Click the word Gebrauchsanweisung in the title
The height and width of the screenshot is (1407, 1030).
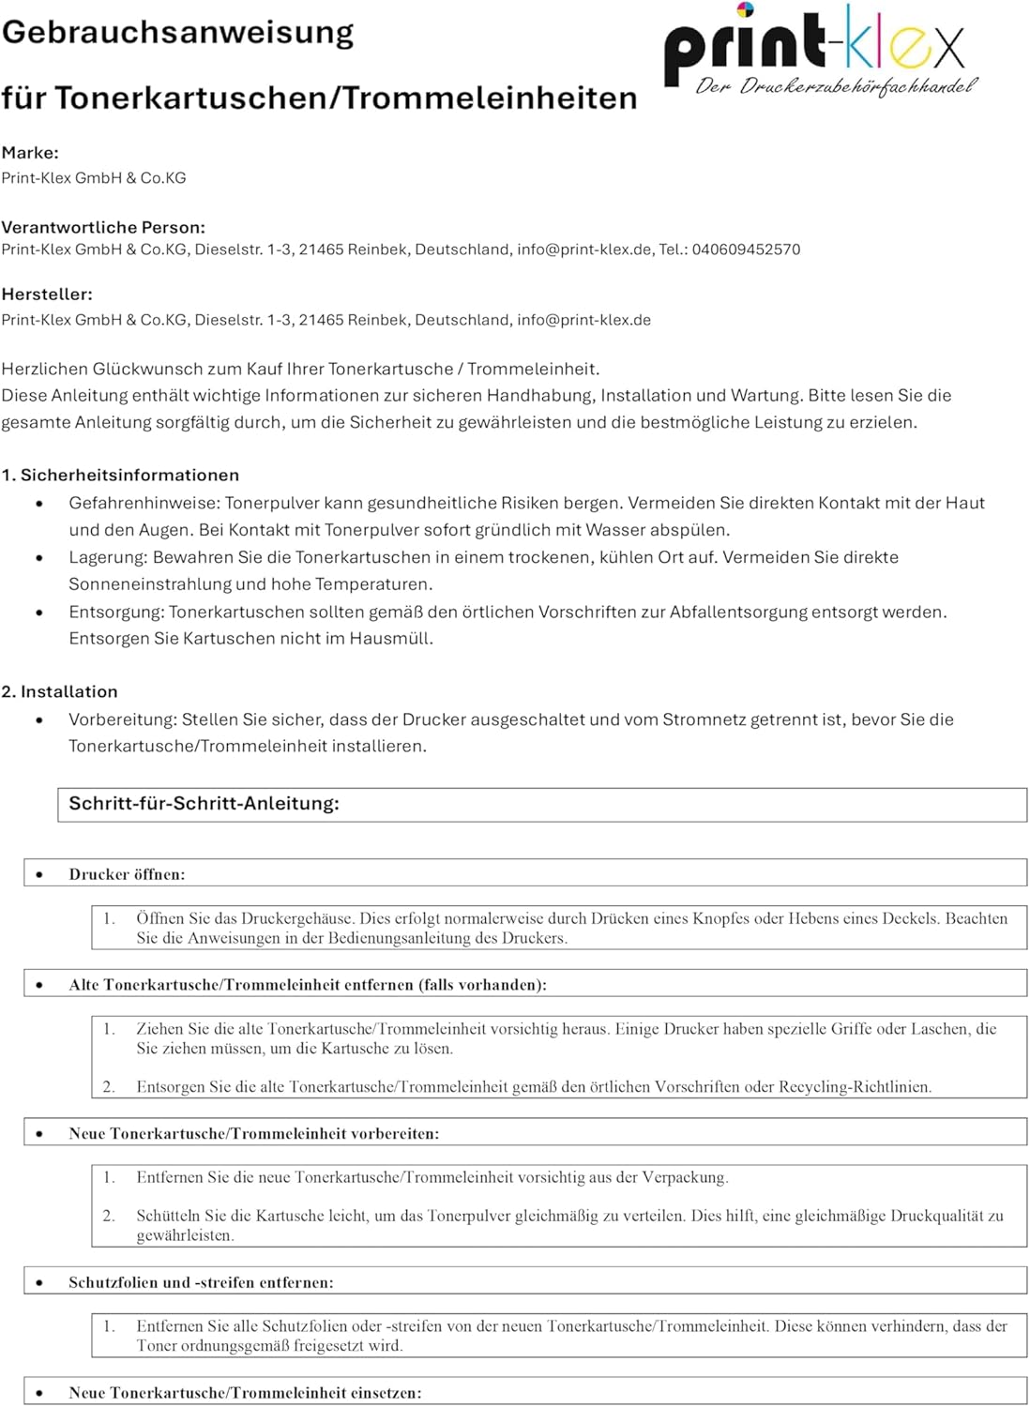click(178, 33)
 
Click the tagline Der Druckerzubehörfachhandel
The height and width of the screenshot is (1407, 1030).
click(835, 87)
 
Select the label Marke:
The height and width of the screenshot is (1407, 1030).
click(30, 153)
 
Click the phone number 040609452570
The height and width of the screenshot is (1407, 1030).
click(746, 250)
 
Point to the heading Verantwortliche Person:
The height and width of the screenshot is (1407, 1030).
click(103, 227)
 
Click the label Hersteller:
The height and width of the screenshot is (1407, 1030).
click(47, 295)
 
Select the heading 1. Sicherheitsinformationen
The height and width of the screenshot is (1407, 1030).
click(120, 476)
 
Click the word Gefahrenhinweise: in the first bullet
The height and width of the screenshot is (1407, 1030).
click(144, 503)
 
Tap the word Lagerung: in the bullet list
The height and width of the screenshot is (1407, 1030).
click(108, 557)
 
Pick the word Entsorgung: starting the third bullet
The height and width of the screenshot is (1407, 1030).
click(116, 613)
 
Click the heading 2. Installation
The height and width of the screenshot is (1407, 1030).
click(59, 692)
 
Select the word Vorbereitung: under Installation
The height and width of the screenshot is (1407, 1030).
click(123, 719)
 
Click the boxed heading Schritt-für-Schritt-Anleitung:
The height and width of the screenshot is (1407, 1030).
click(204, 804)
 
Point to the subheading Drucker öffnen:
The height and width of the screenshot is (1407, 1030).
click(127, 874)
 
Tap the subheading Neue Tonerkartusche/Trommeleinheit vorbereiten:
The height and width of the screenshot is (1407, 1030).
click(253, 1133)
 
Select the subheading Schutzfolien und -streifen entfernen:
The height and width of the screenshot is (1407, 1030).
click(201, 1282)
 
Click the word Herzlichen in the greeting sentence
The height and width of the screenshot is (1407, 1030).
click(43, 369)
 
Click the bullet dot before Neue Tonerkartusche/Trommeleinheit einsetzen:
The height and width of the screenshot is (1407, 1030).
click(39, 1393)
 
